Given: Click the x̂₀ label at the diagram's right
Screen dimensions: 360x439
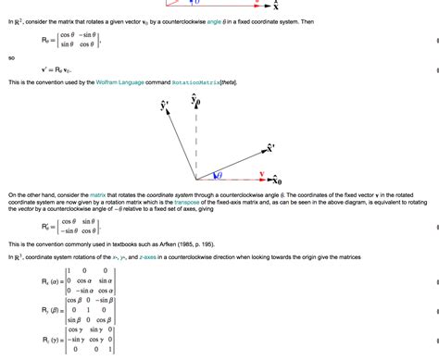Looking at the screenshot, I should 275,179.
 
